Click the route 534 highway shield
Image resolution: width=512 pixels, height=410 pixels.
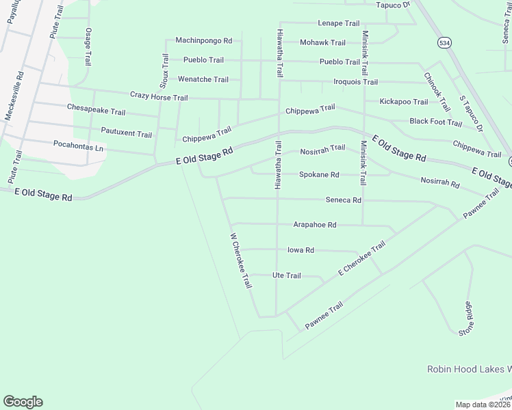[445, 42]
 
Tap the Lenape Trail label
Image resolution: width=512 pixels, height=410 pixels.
[338, 23]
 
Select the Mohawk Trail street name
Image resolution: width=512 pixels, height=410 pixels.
[324, 42]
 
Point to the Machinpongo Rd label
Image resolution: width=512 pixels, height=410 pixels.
[204, 40]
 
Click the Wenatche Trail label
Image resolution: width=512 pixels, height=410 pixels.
[203, 79]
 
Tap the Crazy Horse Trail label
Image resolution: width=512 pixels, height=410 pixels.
[159, 98]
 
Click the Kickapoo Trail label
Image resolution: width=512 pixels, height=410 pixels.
[404, 102]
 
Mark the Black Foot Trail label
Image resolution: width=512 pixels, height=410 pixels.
[436, 122]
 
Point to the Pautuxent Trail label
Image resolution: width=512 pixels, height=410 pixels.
[126, 134]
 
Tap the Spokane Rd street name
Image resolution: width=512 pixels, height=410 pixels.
[319, 175]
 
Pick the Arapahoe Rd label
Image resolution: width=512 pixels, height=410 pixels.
[315, 225]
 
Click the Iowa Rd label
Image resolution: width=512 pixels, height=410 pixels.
[300, 251]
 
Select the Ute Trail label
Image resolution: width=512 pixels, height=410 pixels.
[287, 275]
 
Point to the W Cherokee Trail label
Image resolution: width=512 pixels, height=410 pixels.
[240, 261]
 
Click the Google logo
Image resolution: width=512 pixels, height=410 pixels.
[23, 402]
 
